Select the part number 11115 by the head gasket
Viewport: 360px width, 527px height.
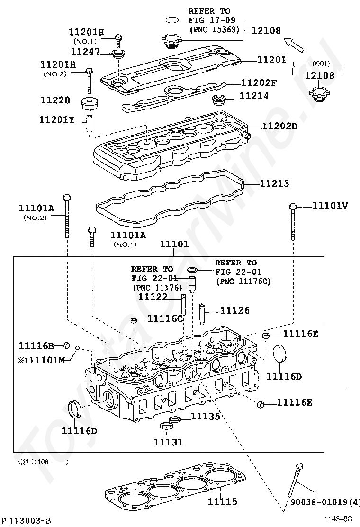(222, 501)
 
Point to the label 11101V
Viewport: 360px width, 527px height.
(330, 206)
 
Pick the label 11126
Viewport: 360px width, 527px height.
(235, 310)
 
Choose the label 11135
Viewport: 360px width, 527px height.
(205, 417)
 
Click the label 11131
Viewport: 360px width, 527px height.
(168, 442)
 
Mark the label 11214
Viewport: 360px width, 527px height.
(254, 96)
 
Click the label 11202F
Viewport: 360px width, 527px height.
(259, 82)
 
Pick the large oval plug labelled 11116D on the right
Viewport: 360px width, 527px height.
(281, 355)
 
